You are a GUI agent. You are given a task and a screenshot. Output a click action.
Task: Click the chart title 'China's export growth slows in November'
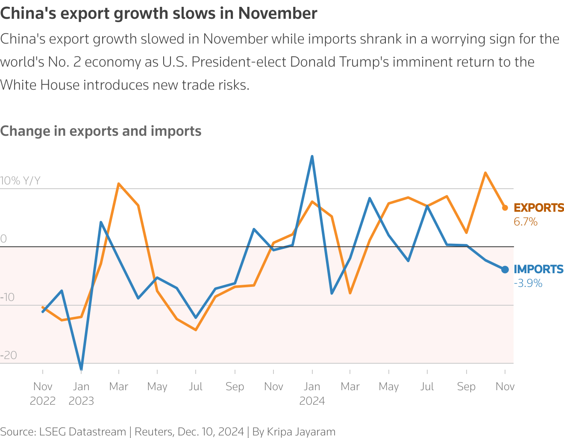(x=159, y=14)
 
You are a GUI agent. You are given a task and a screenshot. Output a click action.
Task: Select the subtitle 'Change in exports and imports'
(x=101, y=131)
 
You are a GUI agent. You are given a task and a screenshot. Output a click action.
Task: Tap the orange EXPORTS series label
(x=538, y=208)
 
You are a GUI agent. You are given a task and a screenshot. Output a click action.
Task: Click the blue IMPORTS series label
(x=538, y=269)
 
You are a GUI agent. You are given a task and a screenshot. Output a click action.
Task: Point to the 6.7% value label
(x=526, y=222)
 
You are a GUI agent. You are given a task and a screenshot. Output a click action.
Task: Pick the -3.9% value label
(x=528, y=283)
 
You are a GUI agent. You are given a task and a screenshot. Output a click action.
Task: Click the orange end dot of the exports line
(x=505, y=208)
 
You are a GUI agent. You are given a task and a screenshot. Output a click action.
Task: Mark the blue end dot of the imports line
(x=505, y=269)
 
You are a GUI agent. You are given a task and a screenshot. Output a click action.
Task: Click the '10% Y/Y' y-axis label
(x=21, y=181)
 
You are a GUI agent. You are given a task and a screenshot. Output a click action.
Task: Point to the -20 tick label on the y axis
(x=9, y=356)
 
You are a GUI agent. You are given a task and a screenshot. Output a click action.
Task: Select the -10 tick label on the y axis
(x=7, y=297)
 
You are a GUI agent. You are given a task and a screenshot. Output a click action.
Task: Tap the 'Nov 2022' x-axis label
(x=43, y=394)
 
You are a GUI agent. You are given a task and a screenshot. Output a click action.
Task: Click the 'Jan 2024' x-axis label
(x=312, y=394)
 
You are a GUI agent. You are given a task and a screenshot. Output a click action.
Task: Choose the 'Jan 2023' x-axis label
(x=81, y=394)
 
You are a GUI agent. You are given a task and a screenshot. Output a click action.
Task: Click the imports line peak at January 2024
(x=312, y=157)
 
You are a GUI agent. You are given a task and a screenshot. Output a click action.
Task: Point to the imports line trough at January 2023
(x=81, y=369)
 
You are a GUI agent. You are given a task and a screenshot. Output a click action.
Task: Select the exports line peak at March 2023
(x=118, y=184)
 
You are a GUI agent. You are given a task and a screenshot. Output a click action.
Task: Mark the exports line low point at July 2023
(x=196, y=330)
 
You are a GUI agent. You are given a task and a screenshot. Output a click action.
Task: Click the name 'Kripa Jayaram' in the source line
(x=301, y=432)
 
